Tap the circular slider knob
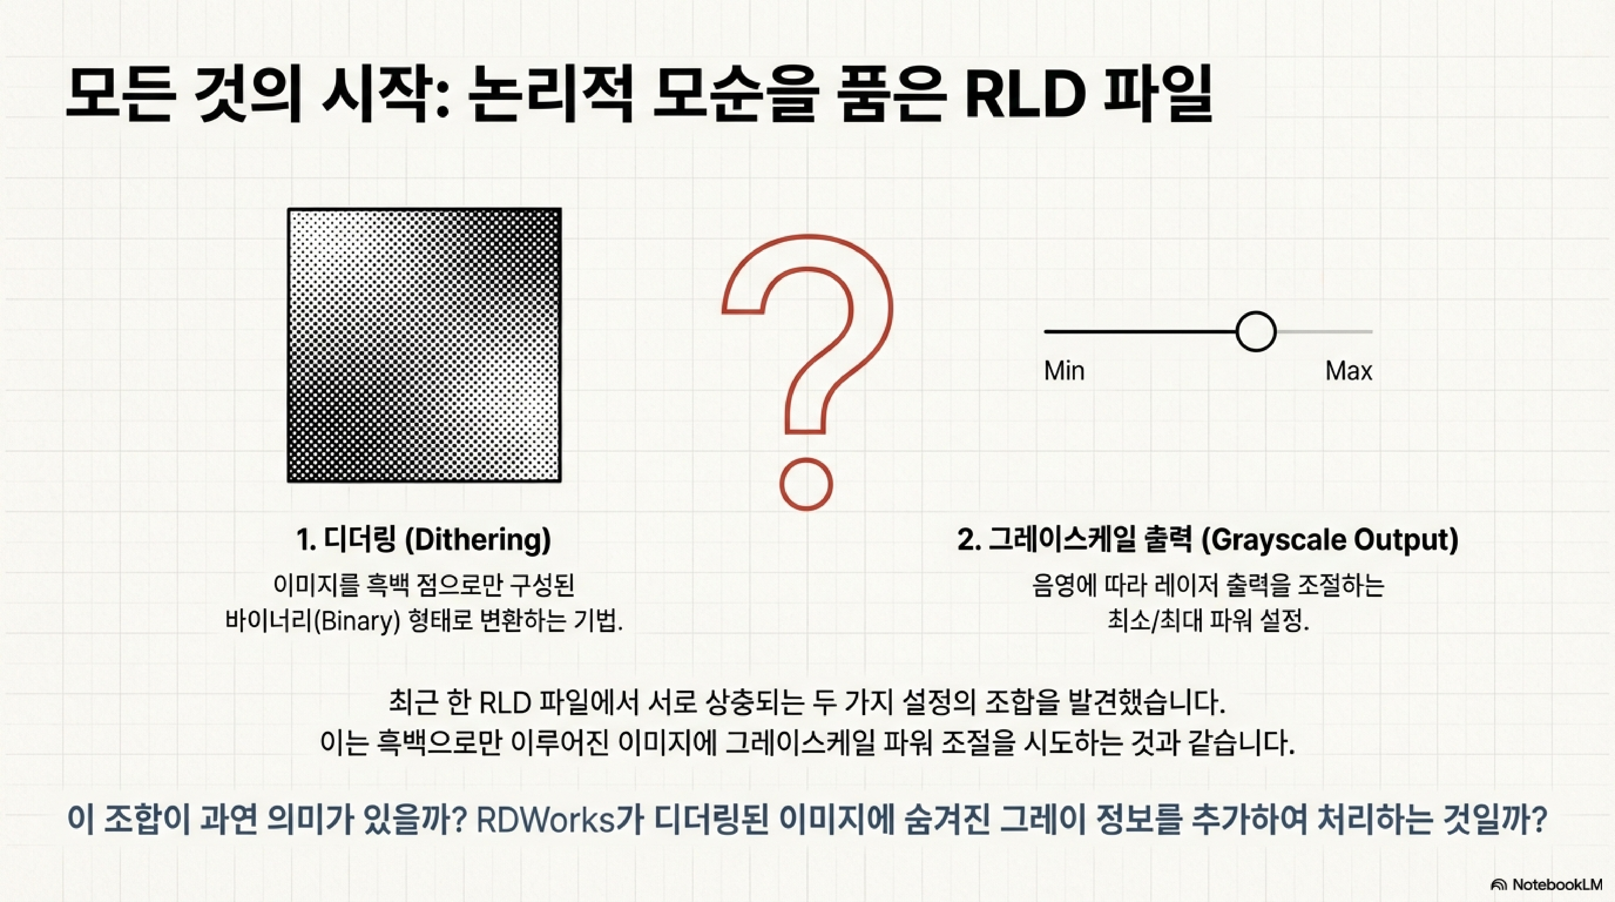(x=1256, y=331)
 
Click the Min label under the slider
(x=1064, y=371)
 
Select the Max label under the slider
(x=1349, y=371)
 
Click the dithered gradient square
(x=425, y=345)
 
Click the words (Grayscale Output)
(x=1329, y=540)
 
